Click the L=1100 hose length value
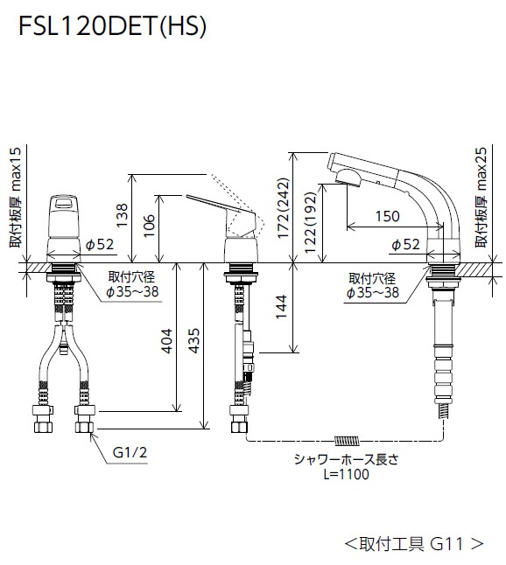pyautogui.click(x=346, y=474)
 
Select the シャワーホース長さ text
pyautogui.click(x=346, y=460)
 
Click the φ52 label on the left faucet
pyautogui.click(x=101, y=245)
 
